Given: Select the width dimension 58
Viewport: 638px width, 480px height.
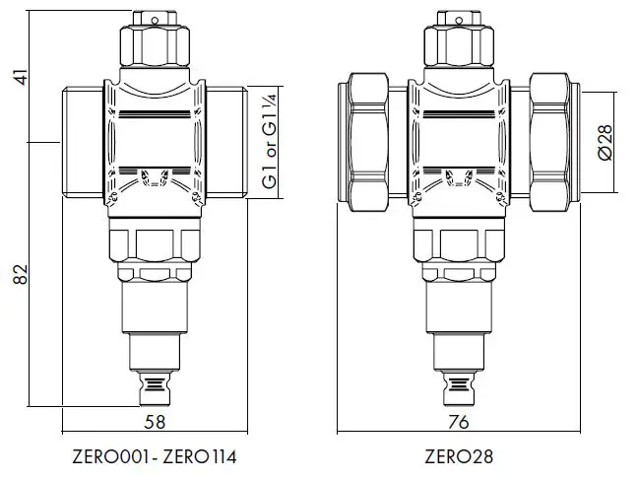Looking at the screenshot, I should pyautogui.click(x=154, y=421).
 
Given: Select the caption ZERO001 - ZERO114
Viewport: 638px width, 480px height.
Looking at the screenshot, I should pyautogui.click(x=154, y=457).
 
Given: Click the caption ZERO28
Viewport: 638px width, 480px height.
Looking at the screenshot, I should pyautogui.click(x=458, y=457).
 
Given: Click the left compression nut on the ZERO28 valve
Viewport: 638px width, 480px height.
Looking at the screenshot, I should pyautogui.click(x=370, y=142).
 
